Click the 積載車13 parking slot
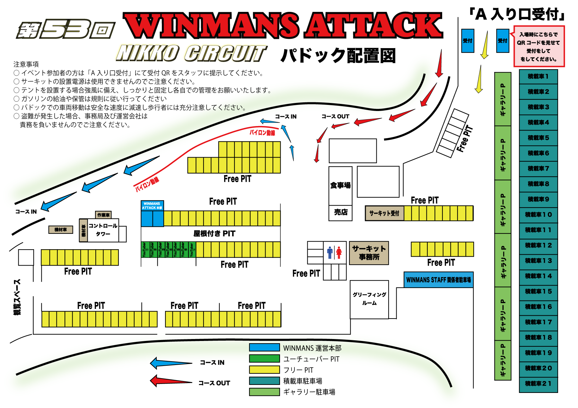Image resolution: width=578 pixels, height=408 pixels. [x=538, y=261]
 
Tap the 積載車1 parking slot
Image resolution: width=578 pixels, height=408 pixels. [x=538, y=77]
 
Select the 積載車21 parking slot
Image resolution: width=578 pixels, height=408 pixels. [x=538, y=384]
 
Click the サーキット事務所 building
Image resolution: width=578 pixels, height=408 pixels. [x=369, y=253]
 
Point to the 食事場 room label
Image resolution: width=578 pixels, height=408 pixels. [x=340, y=185]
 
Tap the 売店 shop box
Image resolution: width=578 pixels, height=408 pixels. [x=340, y=212]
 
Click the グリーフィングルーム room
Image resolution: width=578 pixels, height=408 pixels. [x=369, y=299]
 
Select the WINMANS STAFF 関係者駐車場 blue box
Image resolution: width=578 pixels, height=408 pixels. [x=438, y=280]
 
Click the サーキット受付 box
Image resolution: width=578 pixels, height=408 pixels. [x=384, y=213]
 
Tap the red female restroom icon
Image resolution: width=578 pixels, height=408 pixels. [x=339, y=252]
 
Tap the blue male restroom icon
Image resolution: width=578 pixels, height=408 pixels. [x=329, y=252]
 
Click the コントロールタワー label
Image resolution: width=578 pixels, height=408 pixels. [x=103, y=230]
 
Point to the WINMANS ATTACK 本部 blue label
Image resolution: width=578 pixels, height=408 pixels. [x=152, y=206]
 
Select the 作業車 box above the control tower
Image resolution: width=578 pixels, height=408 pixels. [x=103, y=215]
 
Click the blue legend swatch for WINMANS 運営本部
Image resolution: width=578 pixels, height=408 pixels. [x=264, y=348]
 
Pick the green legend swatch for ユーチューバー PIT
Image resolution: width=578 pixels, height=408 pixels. [x=264, y=359]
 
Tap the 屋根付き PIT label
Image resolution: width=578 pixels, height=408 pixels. [x=214, y=234]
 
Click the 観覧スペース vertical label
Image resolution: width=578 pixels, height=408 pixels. [x=17, y=297]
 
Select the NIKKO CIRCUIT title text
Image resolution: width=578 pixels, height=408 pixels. [x=191, y=53]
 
